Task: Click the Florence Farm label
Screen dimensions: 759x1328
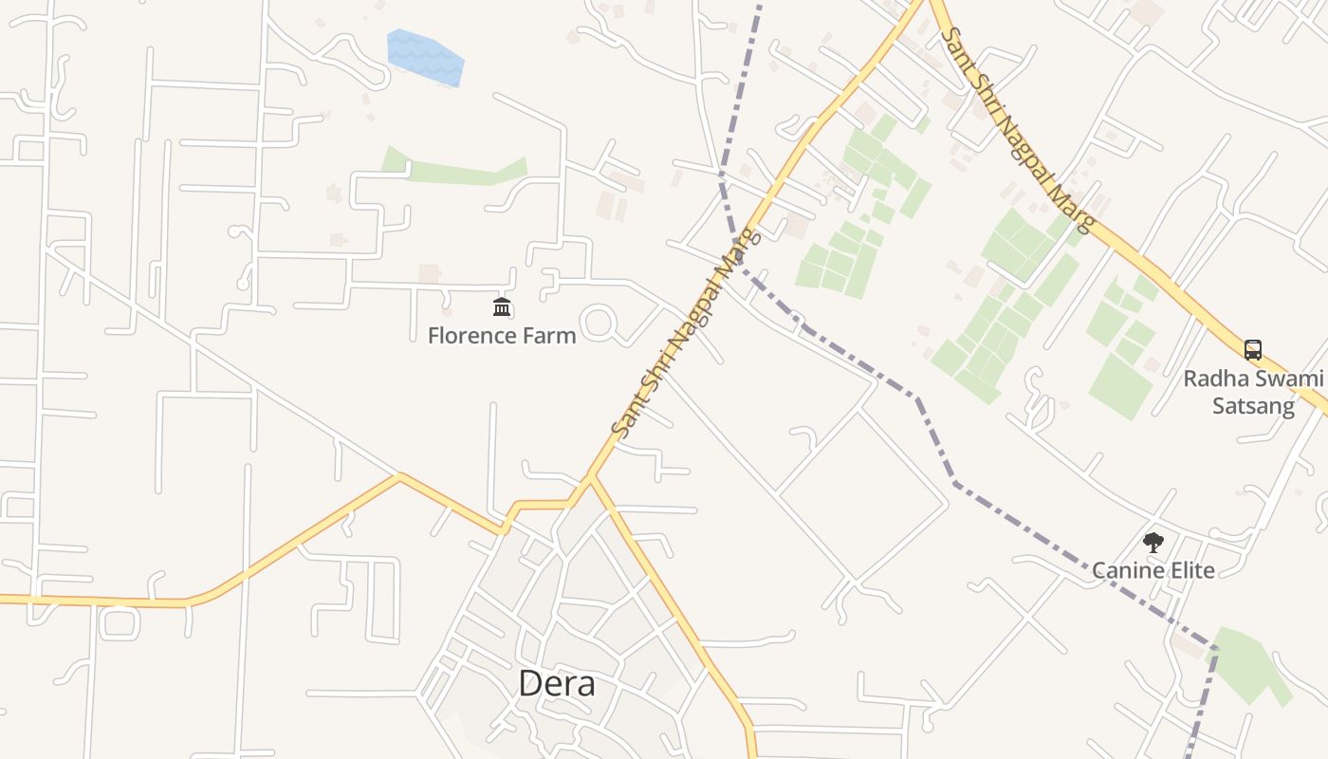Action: pyautogui.click(x=502, y=336)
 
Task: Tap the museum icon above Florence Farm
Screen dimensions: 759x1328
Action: pyautogui.click(x=502, y=306)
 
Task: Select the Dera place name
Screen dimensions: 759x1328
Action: pyautogui.click(x=557, y=683)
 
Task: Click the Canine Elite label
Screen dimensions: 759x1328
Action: pyautogui.click(x=1153, y=570)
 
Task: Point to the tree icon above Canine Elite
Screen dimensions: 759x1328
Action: pyautogui.click(x=1153, y=543)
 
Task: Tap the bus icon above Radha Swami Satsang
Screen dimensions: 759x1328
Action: pyautogui.click(x=1253, y=349)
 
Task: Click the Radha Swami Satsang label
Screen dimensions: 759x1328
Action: pyautogui.click(x=1253, y=392)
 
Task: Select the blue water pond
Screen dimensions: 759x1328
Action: pyautogui.click(x=426, y=56)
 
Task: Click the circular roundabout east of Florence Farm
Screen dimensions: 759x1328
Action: pyautogui.click(x=599, y=323)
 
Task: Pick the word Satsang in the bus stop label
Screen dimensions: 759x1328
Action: pyautogui.click(x=1253, y=406)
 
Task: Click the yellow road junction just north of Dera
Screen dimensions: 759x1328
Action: pyautogui.click(x=590, y=477)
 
